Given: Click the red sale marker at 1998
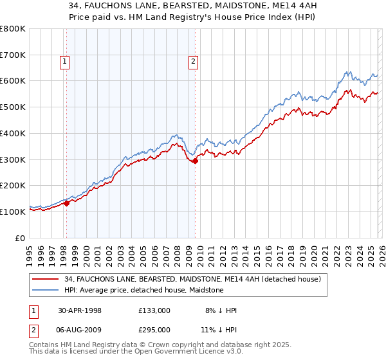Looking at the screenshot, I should [x=66, y=203].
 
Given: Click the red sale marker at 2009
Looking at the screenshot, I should [x=195, y=161].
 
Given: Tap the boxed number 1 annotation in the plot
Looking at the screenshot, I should [x=66, y=62].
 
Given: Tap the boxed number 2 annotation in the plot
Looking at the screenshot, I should [x=193, y=62].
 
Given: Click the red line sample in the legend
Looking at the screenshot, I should [x=46, y=279].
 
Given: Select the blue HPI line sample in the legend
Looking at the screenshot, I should [x=46, y=290].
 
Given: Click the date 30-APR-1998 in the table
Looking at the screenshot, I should [x=80, y=310].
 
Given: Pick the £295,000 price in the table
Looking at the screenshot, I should [x=154, y=329].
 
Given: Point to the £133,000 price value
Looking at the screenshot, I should [x=154, y=310].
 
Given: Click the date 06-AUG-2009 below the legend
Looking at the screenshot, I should [x=80, y=329].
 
